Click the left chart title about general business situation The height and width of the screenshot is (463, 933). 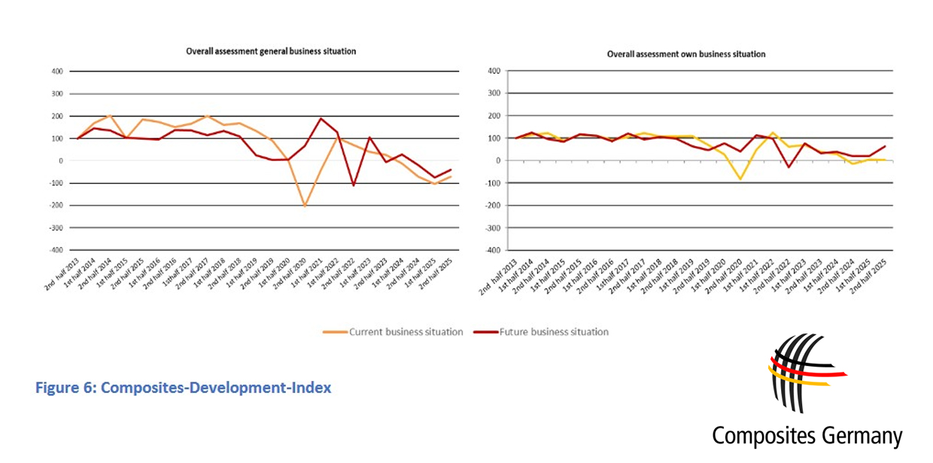pyautogui.click(x=271, y=51)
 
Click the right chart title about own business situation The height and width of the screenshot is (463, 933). pyautogui.click(x=686, y=54)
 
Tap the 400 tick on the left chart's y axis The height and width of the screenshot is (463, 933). pyautogui.click(x=56, y=72)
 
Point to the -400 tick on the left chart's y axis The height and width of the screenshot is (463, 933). pyautogui.click(x=55, y=250)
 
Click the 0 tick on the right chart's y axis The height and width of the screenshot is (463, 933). pyautogui.click(x=496, y=160)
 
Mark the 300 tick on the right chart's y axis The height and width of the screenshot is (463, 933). pyautogui.click(x=494, y=93)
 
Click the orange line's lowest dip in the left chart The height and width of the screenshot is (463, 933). pyautogui.click(x=305, y=206)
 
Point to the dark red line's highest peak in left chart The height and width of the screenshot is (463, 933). pyautogui.click(x=321, y=118)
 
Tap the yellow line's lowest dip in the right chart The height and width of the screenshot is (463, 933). pyautogui.click(x=740, y=179)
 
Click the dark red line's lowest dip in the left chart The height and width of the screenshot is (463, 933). pyautogui.click(x=353, y=185)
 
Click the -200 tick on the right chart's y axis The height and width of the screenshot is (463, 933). pyautogui.click(x=492, y=205)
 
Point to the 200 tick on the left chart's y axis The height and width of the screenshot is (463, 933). pyautogui.click(x=56, y=117)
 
